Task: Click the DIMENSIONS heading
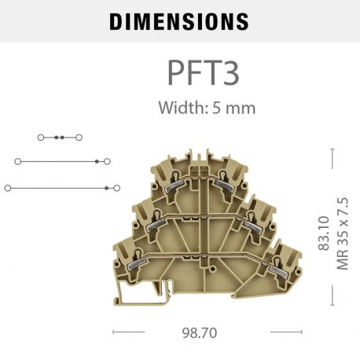(x=179, y=21)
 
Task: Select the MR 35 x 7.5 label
(x=342, y=233)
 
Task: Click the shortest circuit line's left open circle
(x=42, y=137)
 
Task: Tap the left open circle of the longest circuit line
(x=8, y=188)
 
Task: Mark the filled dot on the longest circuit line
(x=106, y=188)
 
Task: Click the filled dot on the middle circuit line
(x=97, y=161)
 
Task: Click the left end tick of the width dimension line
(x=115, y=332)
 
